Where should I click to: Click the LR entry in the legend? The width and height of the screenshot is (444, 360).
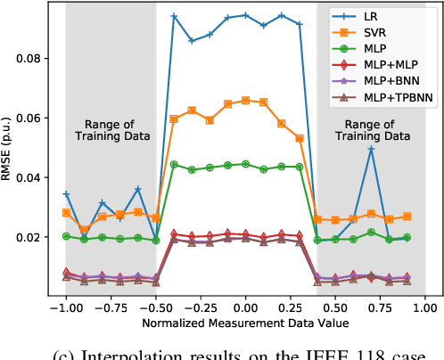(378, 16)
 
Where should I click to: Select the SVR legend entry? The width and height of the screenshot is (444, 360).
(381, 34)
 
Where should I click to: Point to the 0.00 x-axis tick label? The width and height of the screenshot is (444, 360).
(246, 304)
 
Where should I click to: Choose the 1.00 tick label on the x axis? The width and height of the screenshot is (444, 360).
(425, 304)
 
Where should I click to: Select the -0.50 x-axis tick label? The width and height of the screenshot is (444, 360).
(154, 304)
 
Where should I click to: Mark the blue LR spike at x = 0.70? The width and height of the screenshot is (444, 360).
(371, 148)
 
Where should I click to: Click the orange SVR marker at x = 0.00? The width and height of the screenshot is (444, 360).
(246, 100)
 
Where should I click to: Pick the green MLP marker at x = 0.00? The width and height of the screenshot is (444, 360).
(246, 164)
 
